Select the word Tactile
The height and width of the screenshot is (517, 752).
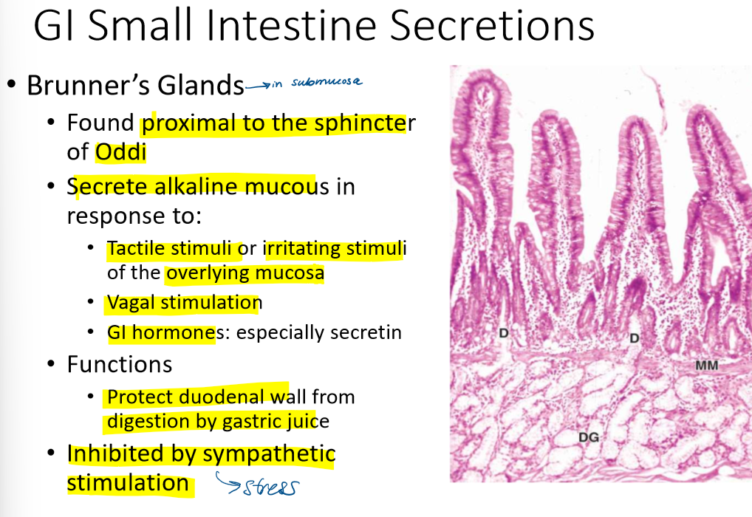pyautogui.click(x=138, y=249)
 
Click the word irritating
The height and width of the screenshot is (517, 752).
pyautogui.click(x=305, y=249)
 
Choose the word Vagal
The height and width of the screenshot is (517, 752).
pyautogui.click(x=131, y=303)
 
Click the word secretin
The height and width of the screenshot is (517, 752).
pyautogui.click(x=366, y=332)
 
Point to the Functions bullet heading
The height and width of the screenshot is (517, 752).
pyautogui.click(x=120, y=364)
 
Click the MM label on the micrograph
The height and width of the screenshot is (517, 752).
pyautogui.click(x=706, y=366)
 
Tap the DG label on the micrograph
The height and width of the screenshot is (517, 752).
pyautogui.click(x=588, y=437)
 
